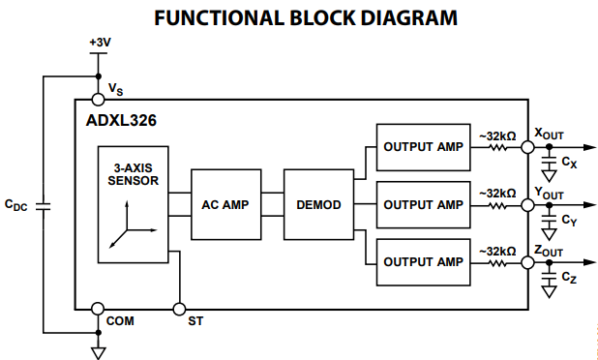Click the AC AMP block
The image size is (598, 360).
225,205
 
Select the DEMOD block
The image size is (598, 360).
319,205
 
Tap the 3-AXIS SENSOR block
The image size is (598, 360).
134,205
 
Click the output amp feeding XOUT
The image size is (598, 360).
422,147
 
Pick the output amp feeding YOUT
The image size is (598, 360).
422,204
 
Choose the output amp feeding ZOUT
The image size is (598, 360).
422,261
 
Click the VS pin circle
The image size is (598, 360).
98,99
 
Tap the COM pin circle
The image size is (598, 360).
98,309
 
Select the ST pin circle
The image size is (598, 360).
179,309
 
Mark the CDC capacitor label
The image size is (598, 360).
16,204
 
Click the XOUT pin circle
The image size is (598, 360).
528,148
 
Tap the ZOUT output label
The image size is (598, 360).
549,250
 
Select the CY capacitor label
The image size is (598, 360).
569,222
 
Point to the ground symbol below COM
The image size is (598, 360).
98,351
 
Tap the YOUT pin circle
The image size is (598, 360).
528,205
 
